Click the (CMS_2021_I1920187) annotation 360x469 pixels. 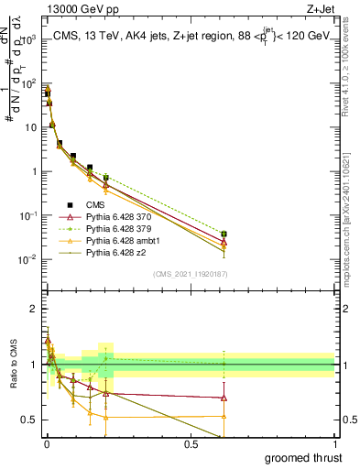point(191,273)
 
